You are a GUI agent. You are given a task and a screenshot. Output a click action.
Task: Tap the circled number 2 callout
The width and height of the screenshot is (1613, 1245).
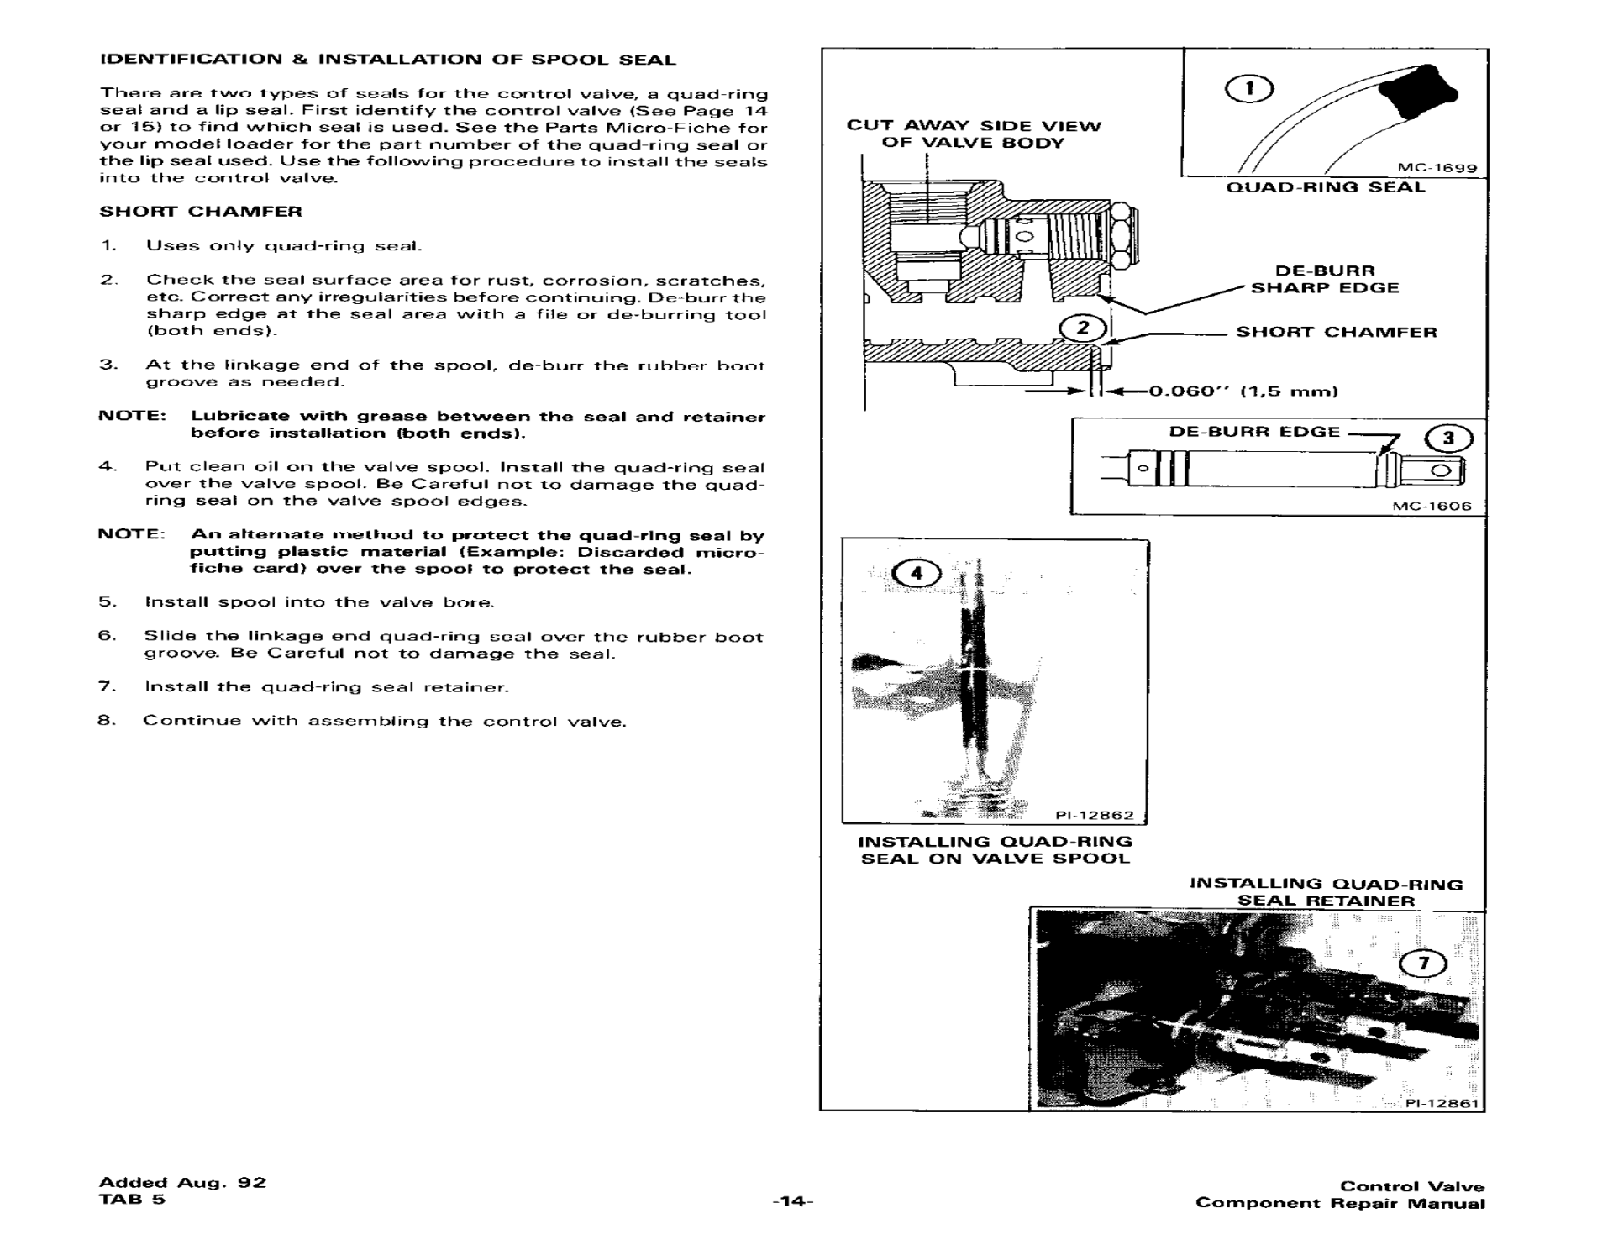(x=1083, y=328)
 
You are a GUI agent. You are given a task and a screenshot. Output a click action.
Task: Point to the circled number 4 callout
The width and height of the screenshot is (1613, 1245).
(x=916, y=573)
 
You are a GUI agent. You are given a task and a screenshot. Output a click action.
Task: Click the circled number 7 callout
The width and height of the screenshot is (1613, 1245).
(x=1423, y=964)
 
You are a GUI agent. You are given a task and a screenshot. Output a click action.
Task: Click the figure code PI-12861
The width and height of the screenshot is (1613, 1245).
(x=1442, y=1103)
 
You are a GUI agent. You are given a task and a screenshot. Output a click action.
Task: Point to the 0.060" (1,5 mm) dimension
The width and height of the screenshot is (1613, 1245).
(x=1243, y=391)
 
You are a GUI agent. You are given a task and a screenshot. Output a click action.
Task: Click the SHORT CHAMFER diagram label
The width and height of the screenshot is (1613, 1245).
(x=1336, y=332)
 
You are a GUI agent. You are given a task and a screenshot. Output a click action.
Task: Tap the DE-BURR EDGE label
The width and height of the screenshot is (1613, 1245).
(x=1254, y=432)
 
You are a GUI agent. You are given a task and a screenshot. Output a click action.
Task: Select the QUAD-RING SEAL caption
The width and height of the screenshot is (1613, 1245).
(x=1326, y=186)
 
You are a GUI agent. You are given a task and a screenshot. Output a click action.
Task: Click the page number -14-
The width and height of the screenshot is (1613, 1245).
(x=793, y=1201)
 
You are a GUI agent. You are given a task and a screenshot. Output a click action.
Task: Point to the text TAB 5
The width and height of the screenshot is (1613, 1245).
(x=132, y=1199)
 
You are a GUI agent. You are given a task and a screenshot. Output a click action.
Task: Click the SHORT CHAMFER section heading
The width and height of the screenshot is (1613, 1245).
(x=201, y=211)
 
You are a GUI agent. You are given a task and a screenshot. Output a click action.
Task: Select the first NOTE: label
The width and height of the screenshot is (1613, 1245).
(x=132, y=416)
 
